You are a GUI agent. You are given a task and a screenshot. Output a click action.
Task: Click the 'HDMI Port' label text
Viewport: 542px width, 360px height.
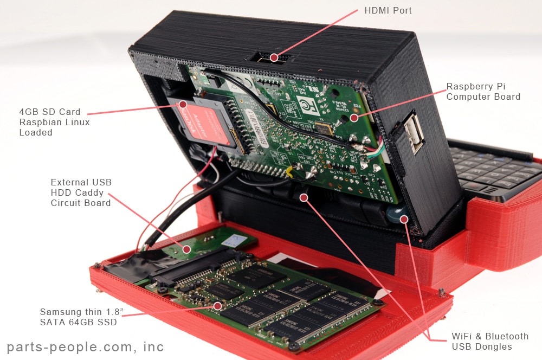(389, 11)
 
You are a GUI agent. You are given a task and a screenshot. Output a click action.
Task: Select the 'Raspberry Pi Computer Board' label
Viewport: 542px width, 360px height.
(483, 92)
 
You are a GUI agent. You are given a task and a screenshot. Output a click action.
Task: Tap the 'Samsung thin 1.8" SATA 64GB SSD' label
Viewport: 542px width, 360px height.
(78, 317)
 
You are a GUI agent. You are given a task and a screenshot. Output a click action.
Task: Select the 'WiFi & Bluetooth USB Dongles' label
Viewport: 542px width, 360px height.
(489, 342)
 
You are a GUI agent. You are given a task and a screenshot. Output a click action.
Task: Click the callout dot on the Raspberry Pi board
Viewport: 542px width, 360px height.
(353, 117)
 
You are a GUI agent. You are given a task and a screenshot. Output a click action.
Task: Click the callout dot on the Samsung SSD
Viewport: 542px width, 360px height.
(217, 306)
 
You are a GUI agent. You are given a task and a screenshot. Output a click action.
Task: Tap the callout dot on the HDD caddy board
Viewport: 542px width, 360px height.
(186, 249)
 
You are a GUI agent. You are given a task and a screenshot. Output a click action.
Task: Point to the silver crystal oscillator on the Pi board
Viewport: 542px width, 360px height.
(323, 128)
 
